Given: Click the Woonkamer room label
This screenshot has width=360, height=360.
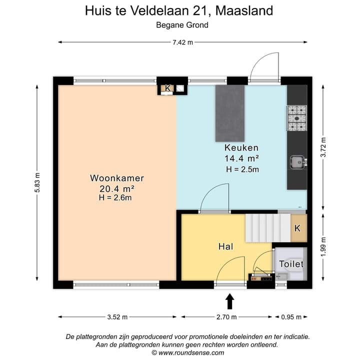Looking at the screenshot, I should point(117,178).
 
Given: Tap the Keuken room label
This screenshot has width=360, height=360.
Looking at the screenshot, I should point(241,148).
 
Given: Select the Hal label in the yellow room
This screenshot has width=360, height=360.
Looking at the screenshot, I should point(225,246).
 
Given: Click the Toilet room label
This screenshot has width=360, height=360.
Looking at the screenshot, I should point(291,263).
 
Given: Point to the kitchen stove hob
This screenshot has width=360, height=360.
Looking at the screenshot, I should point(297,118).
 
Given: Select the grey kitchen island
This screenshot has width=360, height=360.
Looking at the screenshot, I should point(230,113).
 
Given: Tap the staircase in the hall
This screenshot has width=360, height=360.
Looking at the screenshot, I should point(267,228).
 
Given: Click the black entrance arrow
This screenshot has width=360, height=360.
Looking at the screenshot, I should point(230,301).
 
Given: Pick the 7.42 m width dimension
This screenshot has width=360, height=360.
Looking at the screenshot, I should point(182,42).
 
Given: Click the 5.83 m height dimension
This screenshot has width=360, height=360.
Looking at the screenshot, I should point(37,183).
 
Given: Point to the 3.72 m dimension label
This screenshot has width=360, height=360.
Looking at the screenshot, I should point(322,147).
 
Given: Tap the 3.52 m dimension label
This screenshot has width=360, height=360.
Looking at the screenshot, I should point(117,317).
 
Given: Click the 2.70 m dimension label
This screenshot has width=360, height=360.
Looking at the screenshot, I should point(227,317).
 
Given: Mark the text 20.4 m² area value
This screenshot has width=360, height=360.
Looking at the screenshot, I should point(117,188).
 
